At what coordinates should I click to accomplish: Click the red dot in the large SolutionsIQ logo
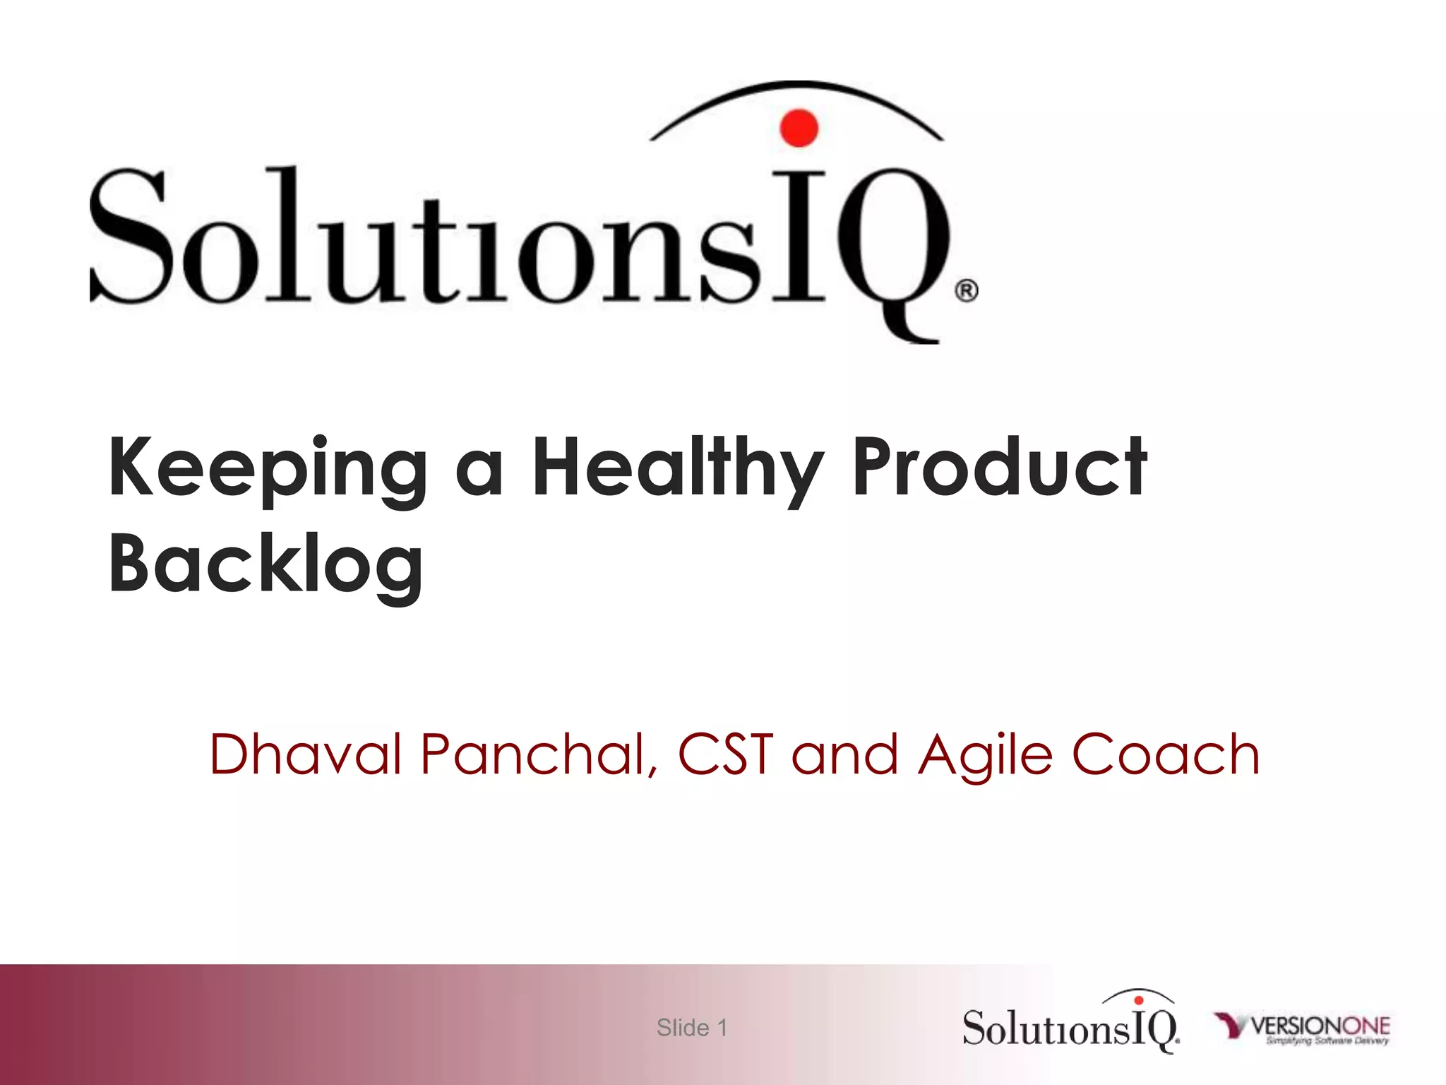pos(799,128)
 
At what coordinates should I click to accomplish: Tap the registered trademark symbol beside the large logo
pos(967,290)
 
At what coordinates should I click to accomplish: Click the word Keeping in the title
pos(268,469)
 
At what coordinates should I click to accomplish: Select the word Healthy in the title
pos(677,469)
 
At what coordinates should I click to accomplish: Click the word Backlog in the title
pos(266,565)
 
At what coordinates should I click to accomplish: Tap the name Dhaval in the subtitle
pos(305,754)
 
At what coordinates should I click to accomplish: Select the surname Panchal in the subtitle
pos(538,754)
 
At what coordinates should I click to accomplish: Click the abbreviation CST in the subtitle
pos(724,754)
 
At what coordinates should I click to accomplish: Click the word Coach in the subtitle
pos(1165,754)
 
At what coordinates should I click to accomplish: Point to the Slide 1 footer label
pos(691,1028)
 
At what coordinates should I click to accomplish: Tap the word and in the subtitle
pos(844,754)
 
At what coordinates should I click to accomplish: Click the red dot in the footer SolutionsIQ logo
pos(1138,1000)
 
